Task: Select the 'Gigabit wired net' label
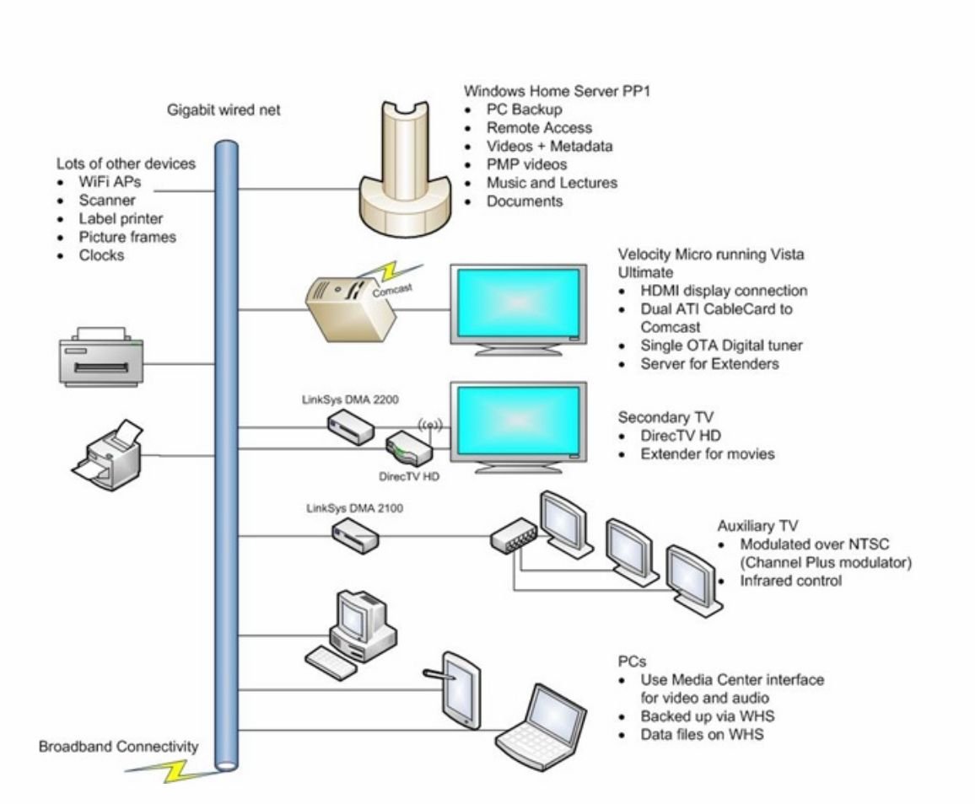coord(224,110)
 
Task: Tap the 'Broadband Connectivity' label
coord(118,746)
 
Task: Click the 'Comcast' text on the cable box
coord(392,290)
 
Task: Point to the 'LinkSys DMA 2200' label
coord(350,399)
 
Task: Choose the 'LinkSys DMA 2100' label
coord(354,508)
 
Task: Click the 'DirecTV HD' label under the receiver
coord(408,476)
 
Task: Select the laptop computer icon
coord(541,727)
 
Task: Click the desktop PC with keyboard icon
coord(352,635)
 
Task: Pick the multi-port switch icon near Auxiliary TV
coord(514,536)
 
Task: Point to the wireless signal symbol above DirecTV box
coord(430,426)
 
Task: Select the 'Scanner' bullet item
coord(106,200)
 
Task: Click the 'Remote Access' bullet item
coord(539,127)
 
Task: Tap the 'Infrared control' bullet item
coord(790,581)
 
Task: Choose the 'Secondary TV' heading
coord(665,417)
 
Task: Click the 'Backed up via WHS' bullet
coord(708,716)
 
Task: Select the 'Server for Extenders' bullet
coord(709,363)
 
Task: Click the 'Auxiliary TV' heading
coord(757,526)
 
